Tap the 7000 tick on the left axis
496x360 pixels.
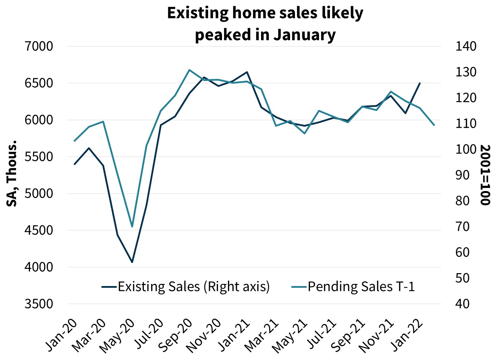click(x=39, y=46)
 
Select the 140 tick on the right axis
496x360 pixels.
click(x=466, y=46)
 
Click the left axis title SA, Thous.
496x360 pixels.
click(x=12, y=173)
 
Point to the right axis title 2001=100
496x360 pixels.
click(x=485, y=175)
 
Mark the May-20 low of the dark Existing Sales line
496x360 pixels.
click(x=132, y=262)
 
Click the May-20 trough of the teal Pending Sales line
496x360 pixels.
click(x=132, y=226)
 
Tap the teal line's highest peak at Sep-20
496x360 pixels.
click(x=189, y=70)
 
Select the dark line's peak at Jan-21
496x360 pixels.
click(x=247, y=72)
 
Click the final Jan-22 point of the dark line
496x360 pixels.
click(x=420, y=83)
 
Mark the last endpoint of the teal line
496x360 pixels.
click(x=434, y=125)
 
